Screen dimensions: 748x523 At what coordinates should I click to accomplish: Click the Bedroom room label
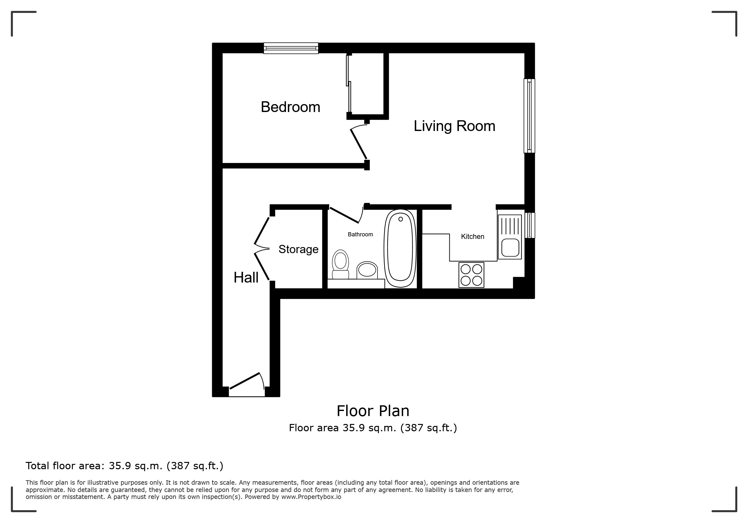point(290,107)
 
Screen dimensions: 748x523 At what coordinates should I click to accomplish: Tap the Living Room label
point(454,126)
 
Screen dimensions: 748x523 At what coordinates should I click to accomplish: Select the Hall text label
point(246,277)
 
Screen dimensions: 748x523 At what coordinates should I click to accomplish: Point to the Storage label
point(298,249)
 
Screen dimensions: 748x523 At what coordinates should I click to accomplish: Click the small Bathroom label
point(360,234)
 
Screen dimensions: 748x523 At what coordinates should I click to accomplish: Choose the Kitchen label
point(473,237)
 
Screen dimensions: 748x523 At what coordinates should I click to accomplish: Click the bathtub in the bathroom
point(400,248)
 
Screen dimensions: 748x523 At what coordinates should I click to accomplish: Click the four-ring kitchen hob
point(472,275)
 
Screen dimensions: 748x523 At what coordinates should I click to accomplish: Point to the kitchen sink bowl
point(510,248)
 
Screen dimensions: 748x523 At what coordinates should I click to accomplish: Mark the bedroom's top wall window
point(291,48)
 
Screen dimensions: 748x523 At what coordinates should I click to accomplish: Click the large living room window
point(529,116)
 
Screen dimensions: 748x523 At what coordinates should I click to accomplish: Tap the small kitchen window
point(530,225)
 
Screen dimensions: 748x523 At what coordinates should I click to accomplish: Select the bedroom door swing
point(359,143)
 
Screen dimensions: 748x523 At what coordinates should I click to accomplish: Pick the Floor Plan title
point(373,411)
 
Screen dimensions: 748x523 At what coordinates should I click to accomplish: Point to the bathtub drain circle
point(401,219)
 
